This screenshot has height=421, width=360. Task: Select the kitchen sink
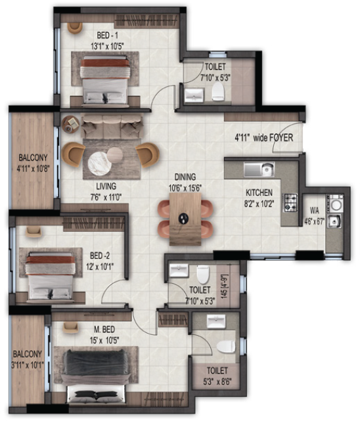tap(258, 169)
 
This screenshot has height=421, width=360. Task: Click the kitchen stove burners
tap(291, 202)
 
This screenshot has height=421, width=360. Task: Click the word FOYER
tap(281, 138)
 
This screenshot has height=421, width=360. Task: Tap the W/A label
tap(313, 211)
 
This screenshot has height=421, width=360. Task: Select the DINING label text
tap(185, 177)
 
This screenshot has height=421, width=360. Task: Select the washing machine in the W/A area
tap(334, 204)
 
